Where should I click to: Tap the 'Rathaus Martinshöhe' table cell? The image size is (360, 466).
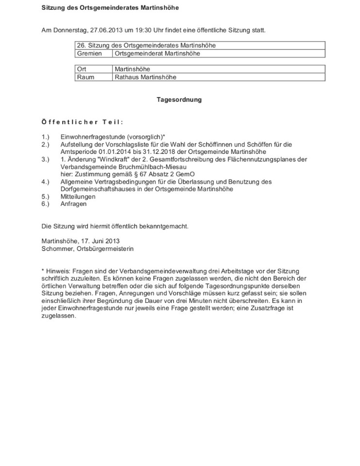146,77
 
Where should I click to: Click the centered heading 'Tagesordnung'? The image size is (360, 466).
179,100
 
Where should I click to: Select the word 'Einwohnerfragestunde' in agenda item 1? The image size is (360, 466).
90,137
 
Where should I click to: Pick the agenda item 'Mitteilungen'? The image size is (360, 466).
78,197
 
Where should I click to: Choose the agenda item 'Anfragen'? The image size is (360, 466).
73,204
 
